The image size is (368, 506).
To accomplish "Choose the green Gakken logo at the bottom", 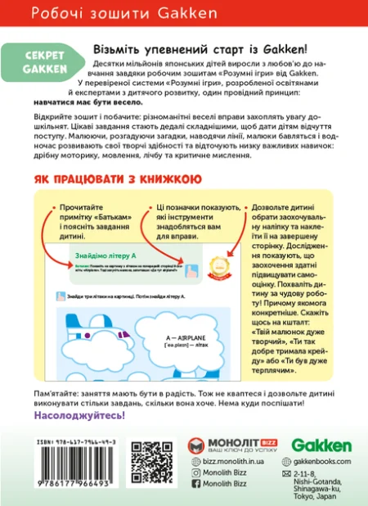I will [x=321, y=446].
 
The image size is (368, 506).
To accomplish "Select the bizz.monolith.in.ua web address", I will [x=232, y=462].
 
